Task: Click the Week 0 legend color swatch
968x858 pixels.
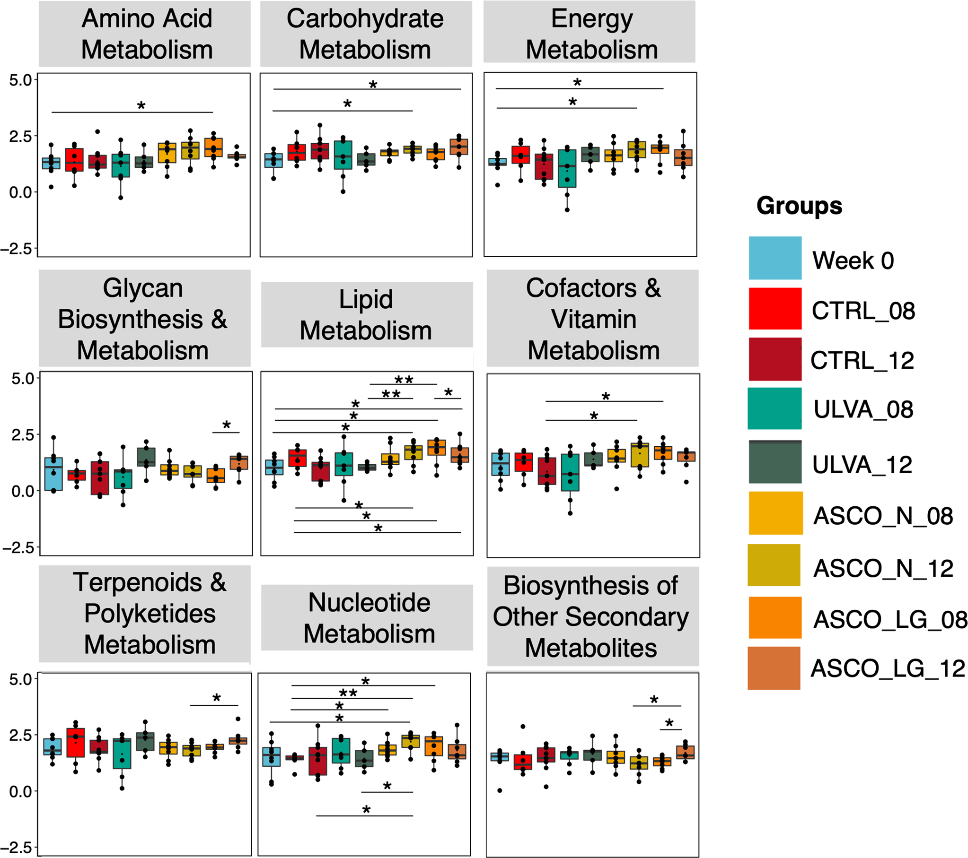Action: coord(775,258)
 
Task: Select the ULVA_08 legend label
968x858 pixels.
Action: coord(863,409)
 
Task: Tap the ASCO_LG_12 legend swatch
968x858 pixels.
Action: coord(774,668)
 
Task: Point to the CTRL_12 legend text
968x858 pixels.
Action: coord(862,360)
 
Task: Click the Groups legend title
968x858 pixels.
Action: coord(799,206)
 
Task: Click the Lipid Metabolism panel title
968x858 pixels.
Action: coord(366,315)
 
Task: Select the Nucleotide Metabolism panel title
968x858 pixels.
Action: coord(369,617)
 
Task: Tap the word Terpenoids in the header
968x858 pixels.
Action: coord(137,582)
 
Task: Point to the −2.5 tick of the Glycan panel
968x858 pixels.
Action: coord(19,548)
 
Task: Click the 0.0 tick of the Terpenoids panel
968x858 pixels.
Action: coord(20,791)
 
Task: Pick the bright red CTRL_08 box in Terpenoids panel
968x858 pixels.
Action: coord(76,743)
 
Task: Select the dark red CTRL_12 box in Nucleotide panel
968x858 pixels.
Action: coord(318,762)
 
